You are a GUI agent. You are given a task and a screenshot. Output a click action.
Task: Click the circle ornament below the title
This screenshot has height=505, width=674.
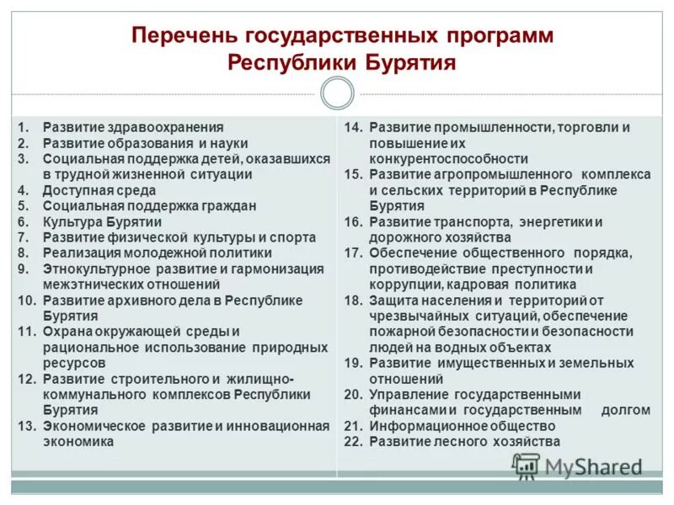(x=337, y=93)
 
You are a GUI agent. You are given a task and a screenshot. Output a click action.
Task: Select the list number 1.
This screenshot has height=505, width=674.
(x=24, y=127)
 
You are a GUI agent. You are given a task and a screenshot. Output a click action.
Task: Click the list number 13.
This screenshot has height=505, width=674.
(x=27, y=426)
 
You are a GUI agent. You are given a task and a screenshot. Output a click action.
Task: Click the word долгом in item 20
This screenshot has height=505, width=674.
(x=625, y=410)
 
